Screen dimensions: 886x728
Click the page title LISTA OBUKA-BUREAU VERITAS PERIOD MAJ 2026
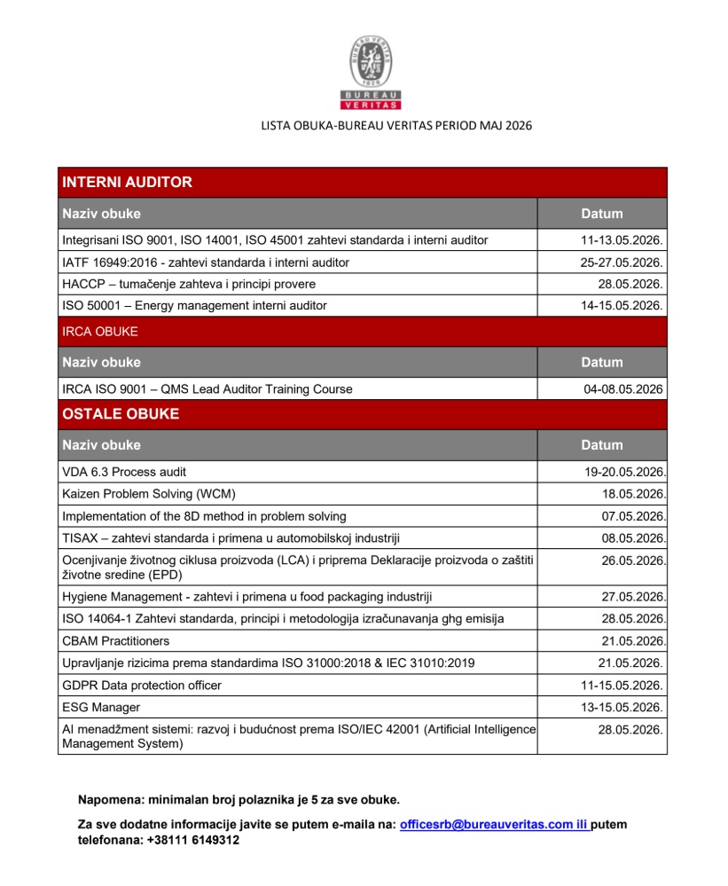pos(396,126)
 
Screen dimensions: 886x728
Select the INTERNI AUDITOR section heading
pos(127,183)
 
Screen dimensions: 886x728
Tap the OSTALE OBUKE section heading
pos(121,414)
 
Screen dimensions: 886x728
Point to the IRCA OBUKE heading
pos(100,332)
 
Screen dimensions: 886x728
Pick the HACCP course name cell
pos(189,284)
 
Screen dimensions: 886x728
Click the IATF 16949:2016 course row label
pos(206,263)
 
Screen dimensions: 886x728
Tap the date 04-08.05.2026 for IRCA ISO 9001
pos(623,388)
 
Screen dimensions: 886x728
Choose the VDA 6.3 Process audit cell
pos(124,472)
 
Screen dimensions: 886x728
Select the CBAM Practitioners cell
pos(116,640)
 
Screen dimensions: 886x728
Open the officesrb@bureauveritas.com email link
pos(493,825)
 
